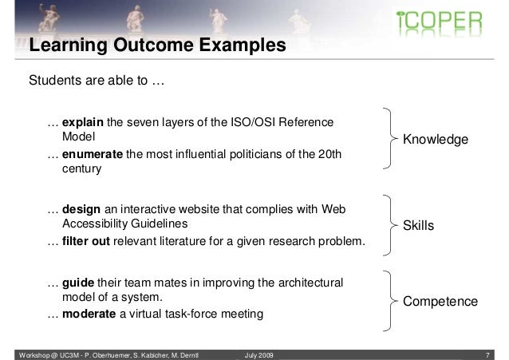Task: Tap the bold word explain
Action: tap(83, 123)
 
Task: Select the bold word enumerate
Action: tap(93, 154)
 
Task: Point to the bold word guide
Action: tap(78, 283)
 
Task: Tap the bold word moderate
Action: tap(89, 315)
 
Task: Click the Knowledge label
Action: tap(435, 140)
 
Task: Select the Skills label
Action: tap(418, 227)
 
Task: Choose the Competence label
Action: tap(440, 302)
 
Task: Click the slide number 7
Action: tap(498, 353)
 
